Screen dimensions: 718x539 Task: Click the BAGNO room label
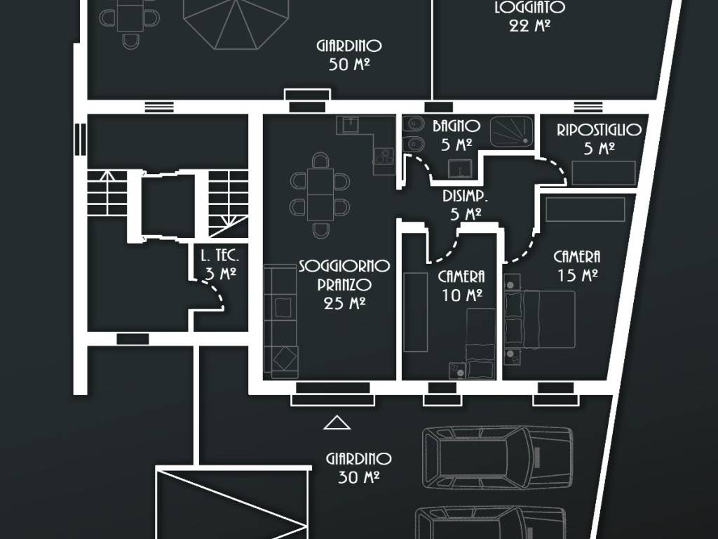456,126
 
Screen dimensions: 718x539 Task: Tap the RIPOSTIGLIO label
599,130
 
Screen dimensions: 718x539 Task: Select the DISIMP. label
466,196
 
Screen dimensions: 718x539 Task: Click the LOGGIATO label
530,7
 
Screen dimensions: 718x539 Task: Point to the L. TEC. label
220,255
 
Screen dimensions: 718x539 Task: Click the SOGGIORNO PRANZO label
344,275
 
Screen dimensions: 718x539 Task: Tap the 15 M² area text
578,275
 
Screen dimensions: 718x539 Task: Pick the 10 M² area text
462,295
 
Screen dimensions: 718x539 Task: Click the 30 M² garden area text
358,477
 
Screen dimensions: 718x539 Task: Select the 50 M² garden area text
349,65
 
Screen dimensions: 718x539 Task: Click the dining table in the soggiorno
320,194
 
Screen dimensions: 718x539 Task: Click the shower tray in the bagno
512,132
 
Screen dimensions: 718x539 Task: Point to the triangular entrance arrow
337,422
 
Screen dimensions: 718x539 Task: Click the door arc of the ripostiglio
556,167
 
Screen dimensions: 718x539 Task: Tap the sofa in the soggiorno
280,321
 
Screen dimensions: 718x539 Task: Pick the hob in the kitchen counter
384,156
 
